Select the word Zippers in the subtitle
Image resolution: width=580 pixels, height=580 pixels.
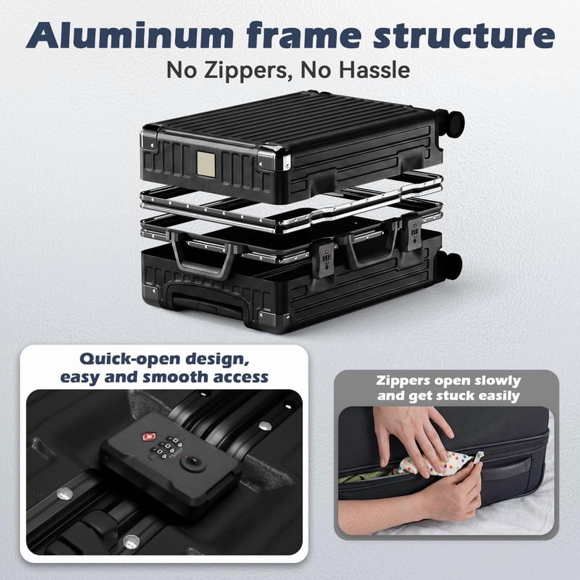click(x=234, y=70)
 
